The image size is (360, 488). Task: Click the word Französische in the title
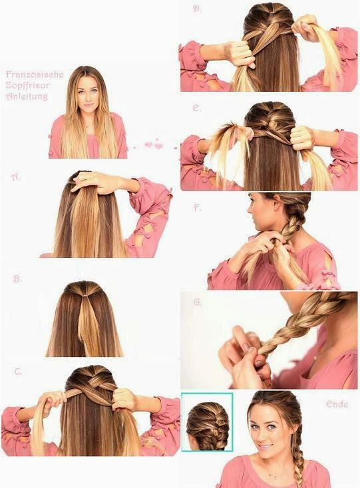(34, 75)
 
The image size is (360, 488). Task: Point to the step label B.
(17, 279)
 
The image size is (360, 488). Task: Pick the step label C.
(18, 372)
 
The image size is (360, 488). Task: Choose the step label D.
(196, 9)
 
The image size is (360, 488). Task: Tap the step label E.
(196, 107)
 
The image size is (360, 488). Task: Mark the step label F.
(196, 207)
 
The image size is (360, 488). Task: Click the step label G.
(197, 303)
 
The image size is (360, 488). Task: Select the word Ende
(337, 404)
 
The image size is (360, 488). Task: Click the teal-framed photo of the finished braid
(206, 422)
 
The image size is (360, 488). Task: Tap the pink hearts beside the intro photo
(154, 145)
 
